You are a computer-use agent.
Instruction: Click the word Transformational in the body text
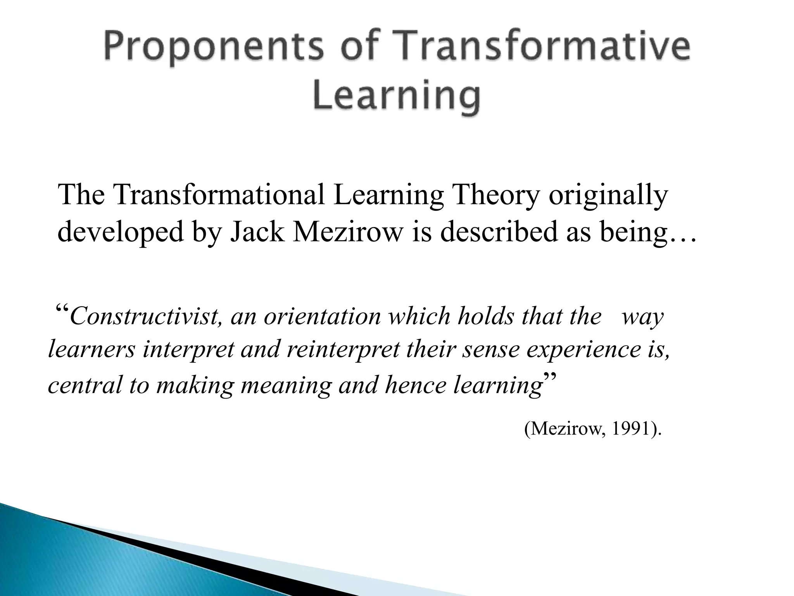(x=219, y=194)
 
